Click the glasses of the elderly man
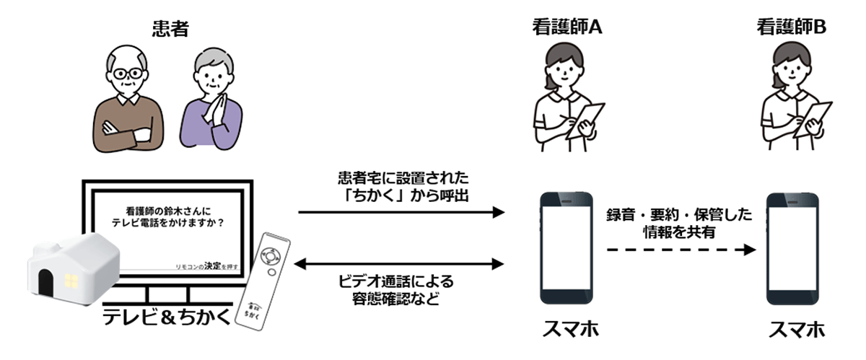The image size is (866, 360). click(x=130, y=74)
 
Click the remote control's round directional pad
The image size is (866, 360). click(x=271, y=256)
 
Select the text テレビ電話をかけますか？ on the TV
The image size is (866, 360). click(x=167, y=224)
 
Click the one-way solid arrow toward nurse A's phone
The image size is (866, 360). click(x=401, y=212)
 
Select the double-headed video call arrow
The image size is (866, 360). click(x=401, y=263)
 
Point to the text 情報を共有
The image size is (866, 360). click(x=681, y=232)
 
